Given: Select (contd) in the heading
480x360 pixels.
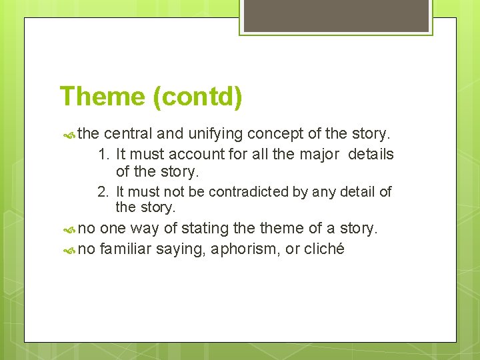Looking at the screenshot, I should (197, 97).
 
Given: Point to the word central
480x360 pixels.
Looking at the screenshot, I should (128, 134).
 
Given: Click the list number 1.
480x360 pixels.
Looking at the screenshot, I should (103, 155).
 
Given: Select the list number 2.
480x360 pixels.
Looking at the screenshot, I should (103, 193).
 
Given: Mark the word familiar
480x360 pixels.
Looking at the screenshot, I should (127, 249).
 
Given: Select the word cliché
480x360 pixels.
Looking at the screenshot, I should (323, 249).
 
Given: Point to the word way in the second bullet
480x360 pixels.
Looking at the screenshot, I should (145, 229).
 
